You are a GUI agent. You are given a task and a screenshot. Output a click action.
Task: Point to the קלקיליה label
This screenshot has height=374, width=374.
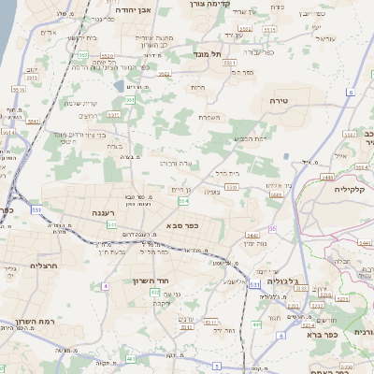pos(354,188)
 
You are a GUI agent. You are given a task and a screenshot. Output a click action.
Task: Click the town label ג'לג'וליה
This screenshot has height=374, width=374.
pos(278,280)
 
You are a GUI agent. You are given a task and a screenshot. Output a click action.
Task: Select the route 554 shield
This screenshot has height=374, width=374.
pos(184,201)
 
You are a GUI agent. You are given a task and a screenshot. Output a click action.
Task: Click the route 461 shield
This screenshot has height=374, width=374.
pos(131,359)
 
